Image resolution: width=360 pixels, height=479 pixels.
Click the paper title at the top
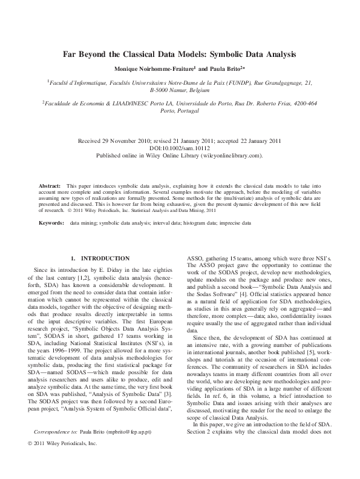click(180, 54)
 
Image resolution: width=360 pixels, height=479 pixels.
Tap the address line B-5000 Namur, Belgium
click(180, 89)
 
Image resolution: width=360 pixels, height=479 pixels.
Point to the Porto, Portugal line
click(180, 111)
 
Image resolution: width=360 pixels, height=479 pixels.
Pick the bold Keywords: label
click(51, 223)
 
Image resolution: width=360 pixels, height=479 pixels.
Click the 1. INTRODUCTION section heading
click(100, 258)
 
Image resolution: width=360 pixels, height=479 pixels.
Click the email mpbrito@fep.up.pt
click(128, 449)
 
